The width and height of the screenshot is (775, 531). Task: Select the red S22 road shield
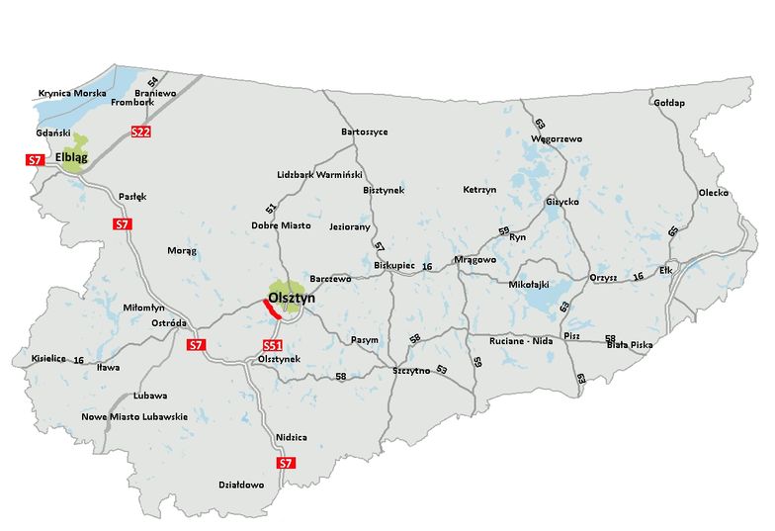coord(140,132)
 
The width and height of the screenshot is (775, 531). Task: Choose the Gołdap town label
coord(670,103)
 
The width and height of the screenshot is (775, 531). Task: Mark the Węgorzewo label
coord(558,138)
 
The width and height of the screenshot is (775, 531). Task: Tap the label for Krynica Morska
coord(70,94)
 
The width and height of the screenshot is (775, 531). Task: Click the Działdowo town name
coord(241,485)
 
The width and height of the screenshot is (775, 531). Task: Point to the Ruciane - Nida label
coord(522,340)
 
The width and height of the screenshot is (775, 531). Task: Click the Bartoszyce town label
coord(364,131)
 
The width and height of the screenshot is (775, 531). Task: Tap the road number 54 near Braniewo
coord(152,82)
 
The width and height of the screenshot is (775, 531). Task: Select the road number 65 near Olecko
coord(674,230)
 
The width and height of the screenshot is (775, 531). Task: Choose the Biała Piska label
coord(630,344)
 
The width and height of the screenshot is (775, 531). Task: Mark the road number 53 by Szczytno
coord(442,370)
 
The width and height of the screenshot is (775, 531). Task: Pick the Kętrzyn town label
coord(479,189)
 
